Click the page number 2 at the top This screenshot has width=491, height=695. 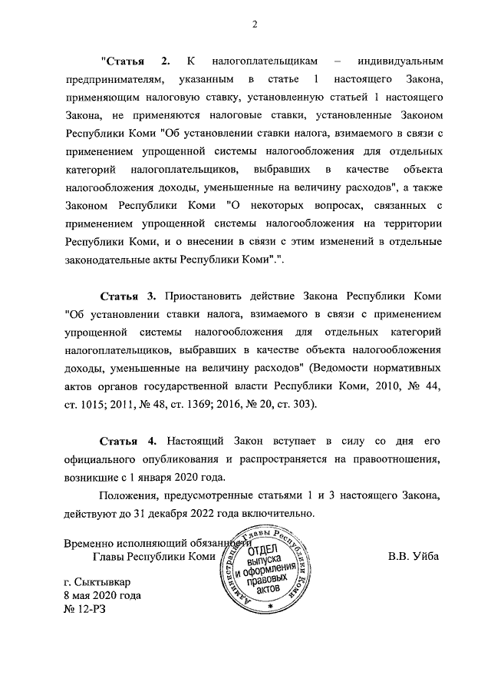point(253,24)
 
